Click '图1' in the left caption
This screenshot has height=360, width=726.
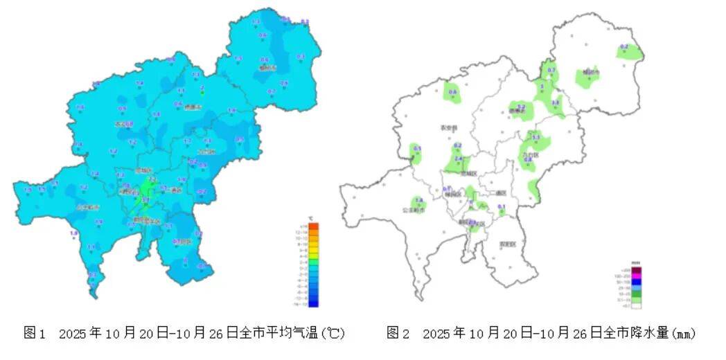pos(34,334)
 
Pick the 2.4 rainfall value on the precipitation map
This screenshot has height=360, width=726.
pos(458,159)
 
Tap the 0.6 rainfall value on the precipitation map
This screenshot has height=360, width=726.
pos(454,91)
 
